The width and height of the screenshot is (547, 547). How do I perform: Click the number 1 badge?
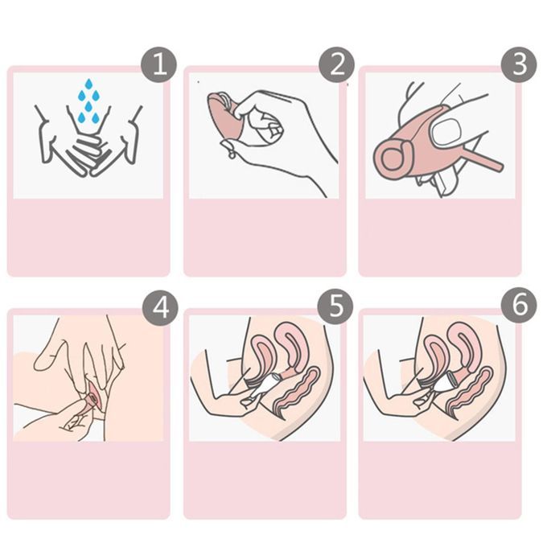click(x=159, y=64)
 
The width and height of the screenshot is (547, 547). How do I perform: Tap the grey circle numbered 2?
click(x=336, y=64)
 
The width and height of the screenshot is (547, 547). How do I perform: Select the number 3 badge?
click(x=519, y=64)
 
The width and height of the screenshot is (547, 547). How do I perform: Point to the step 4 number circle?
click(x=160, y=307)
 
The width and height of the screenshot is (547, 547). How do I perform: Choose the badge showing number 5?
click(x=335, y=306)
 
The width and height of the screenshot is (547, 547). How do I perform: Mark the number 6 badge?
click(x=519, y=306)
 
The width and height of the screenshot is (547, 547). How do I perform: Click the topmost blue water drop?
click(x=88, y=84)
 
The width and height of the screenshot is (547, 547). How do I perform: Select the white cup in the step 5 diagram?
click(x=267, y=384)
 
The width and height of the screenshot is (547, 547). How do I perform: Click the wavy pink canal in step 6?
click(x=471, y=392)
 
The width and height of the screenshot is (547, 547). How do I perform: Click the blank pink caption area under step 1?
click(x=88, y=237)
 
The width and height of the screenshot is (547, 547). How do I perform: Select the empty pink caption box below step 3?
click(x=439, y=237)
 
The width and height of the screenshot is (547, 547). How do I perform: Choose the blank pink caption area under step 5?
click(x=265, y=480)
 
